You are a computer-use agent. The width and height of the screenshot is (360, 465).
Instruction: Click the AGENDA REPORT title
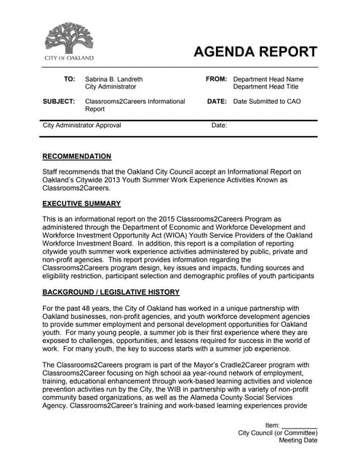click(255, 52)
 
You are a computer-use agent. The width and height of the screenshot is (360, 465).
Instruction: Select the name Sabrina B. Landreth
click(113, 79)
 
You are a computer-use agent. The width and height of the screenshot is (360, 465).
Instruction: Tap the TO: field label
click(69, 79)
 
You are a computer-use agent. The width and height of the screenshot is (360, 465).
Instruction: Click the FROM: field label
click(217, 79)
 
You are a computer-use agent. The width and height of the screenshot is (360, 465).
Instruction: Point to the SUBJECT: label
click(60, 102)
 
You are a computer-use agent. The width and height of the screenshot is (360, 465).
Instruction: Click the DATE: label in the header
click(217, 102)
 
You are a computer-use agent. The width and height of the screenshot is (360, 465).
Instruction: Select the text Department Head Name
click(268, 79)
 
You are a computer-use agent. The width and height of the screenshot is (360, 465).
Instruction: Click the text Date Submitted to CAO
click(265, 102)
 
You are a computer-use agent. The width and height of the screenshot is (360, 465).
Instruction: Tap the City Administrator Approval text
click(82, 126)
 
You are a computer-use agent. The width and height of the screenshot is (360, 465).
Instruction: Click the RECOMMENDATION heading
click(77, 156)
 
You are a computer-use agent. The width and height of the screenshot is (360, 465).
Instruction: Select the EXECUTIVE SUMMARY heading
click(81, 203)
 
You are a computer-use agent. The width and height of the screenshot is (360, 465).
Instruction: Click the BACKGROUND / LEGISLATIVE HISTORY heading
click(111, 292)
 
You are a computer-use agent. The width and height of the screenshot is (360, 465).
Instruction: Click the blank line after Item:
click(300, 425)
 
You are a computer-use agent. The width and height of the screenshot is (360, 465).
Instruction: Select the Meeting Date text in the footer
click(298, 440)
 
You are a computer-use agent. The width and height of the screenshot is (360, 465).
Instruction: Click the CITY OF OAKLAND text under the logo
click(69, 57)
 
